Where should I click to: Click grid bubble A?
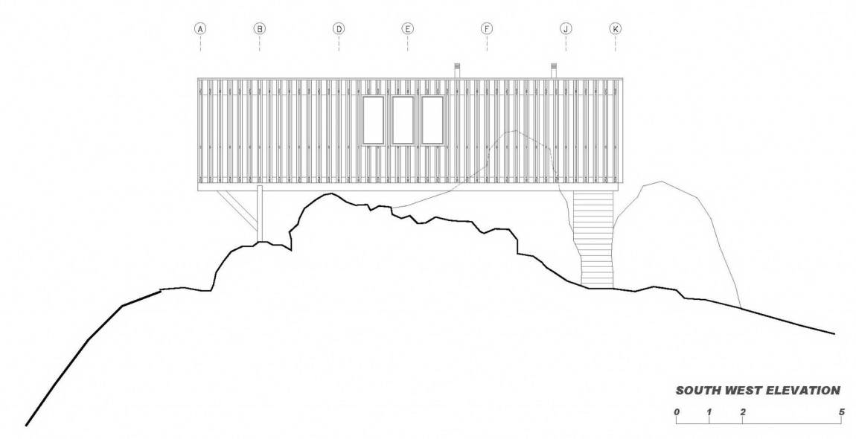pos(200,28)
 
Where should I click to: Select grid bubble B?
pos(259,28)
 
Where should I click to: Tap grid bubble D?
pos(339,28)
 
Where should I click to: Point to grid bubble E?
pos(407,28)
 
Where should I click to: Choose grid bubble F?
pos(487,28)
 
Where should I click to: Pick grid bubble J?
pos(566,28)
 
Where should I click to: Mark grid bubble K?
pos(616,28)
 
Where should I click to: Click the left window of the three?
pos(374,120)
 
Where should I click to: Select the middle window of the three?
pos(403,120)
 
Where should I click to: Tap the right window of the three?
pos(432,120)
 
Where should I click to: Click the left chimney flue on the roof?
pos(458,71)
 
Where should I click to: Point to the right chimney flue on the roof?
pos(554,71)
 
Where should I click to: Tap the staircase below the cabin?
pos(597,239)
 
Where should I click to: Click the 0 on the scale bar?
pos(677,411)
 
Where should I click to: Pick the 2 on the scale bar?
pos(743,411)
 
